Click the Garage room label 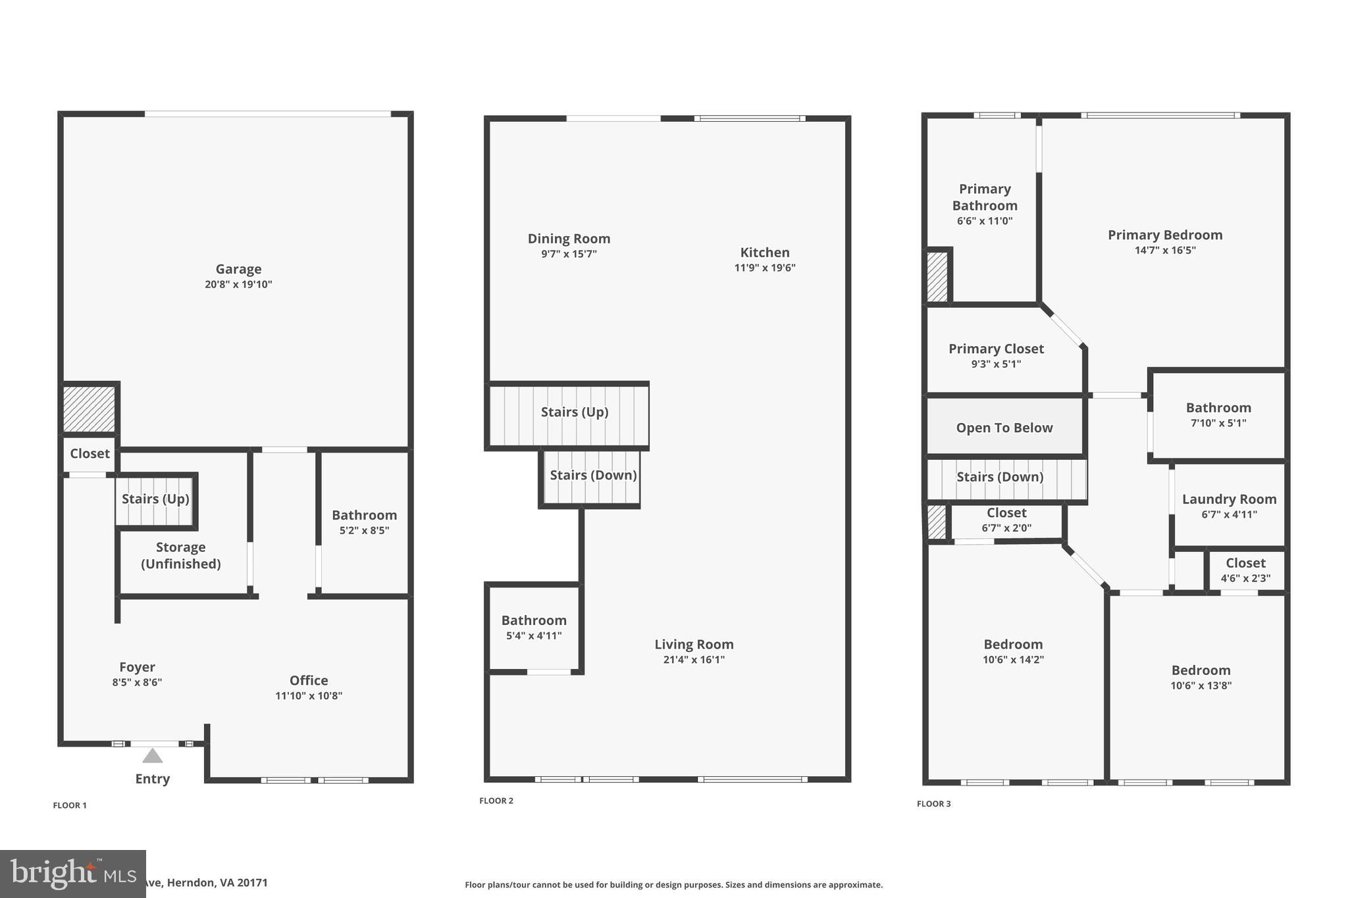tap(238, 269)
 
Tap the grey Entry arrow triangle tap(152, 756)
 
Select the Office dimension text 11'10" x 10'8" tap(309, 696)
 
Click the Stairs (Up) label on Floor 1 tap(155, 499)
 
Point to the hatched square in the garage tap(89, 409)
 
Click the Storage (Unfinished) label tap(181, 555)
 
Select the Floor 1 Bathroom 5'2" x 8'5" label tap(364, 522)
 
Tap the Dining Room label tap(569, 239)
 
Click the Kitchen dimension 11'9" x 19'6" tap(765, 268)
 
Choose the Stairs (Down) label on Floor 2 tap(593, 475)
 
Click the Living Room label tap(694, 645)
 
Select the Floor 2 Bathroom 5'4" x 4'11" tap(534, 627)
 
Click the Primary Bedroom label tap(1165, 235)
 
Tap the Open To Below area tap(1004, 428)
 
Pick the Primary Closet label tap(996, 349)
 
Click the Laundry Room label tap(1229, 499)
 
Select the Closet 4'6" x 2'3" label tap(1245, 570)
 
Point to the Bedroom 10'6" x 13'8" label tap(1201, 677)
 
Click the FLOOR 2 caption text tap(496, 801)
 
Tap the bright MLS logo tap(72, 874)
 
